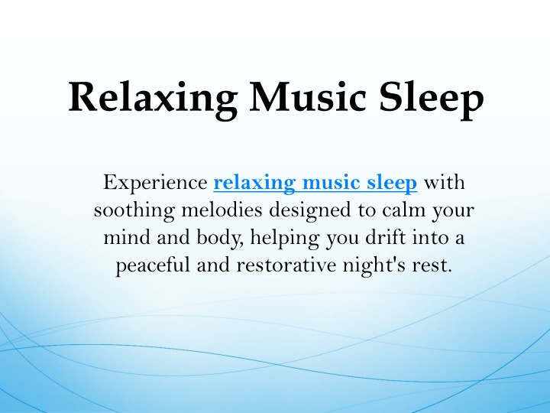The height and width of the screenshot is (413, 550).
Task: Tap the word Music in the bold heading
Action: [x=309, y=96]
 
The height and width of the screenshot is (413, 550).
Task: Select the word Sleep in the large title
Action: [x=432, y=99]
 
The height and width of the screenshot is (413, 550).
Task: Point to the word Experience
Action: [x=155, y=183]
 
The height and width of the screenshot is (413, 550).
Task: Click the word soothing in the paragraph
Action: [x=134, y=210]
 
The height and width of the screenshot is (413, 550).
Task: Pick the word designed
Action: [x=310, y=210]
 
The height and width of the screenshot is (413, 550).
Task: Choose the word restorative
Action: [x=286, y=265]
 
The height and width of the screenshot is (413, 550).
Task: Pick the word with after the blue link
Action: [x=445, y=182]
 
